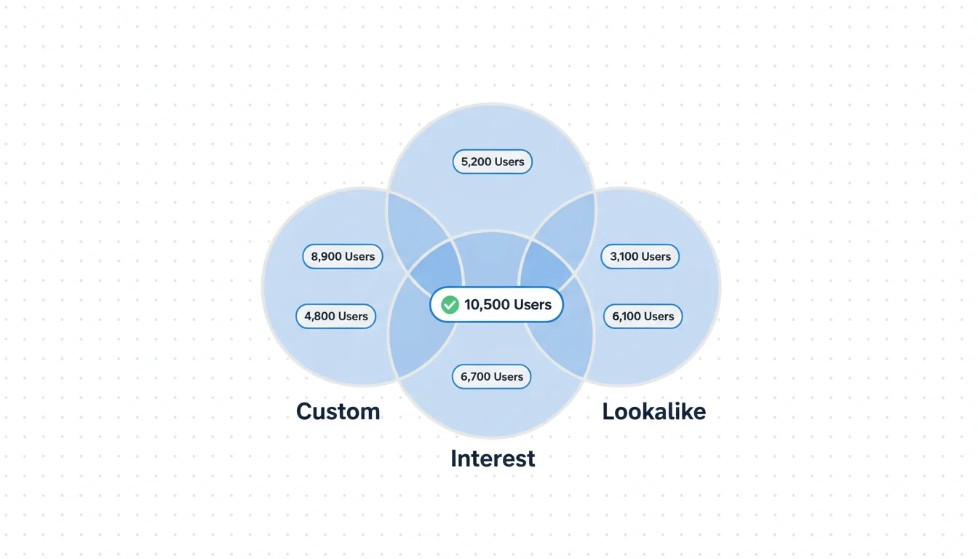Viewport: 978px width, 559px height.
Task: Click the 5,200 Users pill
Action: pyautogui.click(x=493, y=162)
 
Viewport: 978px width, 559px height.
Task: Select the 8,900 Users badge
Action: pyautogui.click(x=343, y=256)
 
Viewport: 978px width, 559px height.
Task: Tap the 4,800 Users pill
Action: pyautogui.click(x=336, y=316)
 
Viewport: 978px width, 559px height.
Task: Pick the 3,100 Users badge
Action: pyautogui.click(x=640, y=256)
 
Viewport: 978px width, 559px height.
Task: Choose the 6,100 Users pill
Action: pyautogui.click(x=643, y=316)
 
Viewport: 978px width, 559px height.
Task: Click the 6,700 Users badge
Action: pyautogui.click(x=492, y=376)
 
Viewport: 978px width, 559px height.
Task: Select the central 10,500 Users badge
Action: pyautogui.click(x=497, y=304)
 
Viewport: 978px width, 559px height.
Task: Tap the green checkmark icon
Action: pyautogui.click(x=450, y=304)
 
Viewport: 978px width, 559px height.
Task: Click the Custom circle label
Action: pyautogui.click(x=338, y=411)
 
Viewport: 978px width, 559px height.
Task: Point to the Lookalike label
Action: pyautogui.click(x=653, y=411)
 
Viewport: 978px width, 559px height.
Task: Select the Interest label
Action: pyautogui.click(x=493, y=459)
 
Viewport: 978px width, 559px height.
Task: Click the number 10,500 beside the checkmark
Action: pyautogui.click(x=487, y=304)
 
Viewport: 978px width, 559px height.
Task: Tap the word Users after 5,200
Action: pyautogui.click(x=509, y=162)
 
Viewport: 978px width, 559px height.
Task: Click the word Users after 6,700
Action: pyautogui.click(x=509, y=376)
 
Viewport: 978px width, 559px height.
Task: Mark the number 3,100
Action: pyautogui.click(x=624, y=256)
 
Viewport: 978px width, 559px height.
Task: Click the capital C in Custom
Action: pyautogui.click(x=305, y=411)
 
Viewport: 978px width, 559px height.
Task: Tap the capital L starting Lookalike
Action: pyautogui.click(x=608, y=411)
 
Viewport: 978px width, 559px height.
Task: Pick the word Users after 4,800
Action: pyautogui.click(x=353, y=316)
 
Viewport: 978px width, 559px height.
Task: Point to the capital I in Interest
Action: pyautogui.click(x=454, y=459)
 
